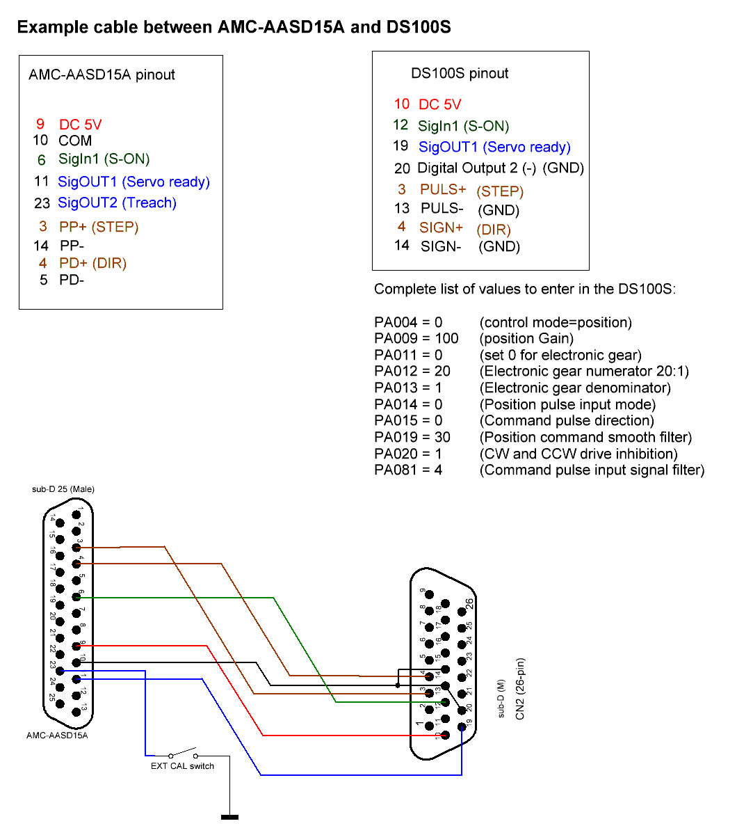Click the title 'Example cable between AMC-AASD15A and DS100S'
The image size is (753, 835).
click(x=234, y=27)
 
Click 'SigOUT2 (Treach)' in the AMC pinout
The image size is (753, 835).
click(x=117, y=203)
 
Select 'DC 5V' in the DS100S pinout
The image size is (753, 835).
click(x=439, y=104)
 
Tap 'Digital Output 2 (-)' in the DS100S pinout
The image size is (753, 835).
click(x=476, y=168)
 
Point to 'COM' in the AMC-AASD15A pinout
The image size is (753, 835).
click(x=75, y=141)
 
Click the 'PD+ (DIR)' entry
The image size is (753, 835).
click(x=92, y=264)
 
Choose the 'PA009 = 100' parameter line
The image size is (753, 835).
click(x=416, y=339)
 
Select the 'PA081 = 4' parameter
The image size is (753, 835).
click(x=408, y=470)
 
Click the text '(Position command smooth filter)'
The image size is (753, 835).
click(x=585, y=438)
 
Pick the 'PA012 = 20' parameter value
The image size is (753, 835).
click(x=412, y=372)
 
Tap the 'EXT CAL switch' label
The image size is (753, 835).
click(x=182, y=766)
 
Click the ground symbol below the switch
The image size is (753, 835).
click(x=229, y=817)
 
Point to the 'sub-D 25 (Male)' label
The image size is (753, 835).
click(x=63, y=489)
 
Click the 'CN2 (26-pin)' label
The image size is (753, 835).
click(x=521, y=689)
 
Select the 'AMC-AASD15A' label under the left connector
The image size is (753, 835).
click(x=57, y=735)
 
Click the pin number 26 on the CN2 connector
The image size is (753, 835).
click(x=469, y=603)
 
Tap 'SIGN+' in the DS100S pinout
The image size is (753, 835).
click(x=441, y=228)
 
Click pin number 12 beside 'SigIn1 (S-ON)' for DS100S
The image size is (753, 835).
click(x=400, y=125)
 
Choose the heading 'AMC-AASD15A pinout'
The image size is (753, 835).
click(x=102, y=75)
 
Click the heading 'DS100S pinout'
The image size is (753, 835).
click(x=460, y=74)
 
